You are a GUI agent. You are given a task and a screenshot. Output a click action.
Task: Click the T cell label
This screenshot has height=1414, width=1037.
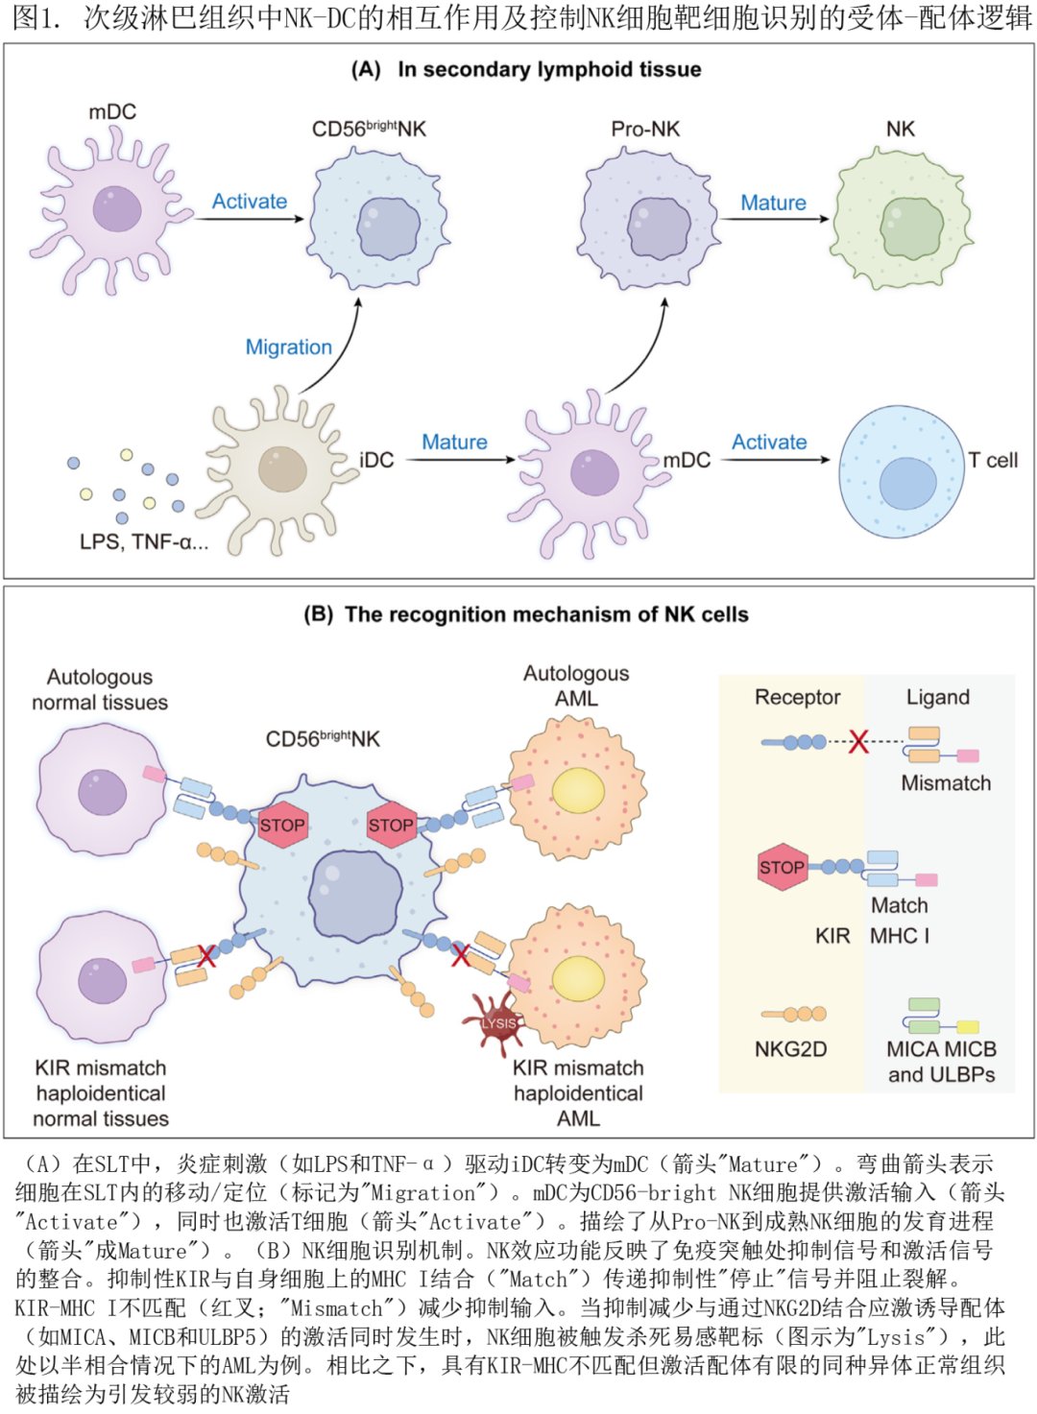pyautogui.click(x=993, y=460)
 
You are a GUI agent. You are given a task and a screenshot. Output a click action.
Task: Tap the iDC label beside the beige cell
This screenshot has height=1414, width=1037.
pyautogui.click(x=376, y=460)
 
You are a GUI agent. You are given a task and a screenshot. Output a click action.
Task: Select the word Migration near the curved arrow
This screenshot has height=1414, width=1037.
pyautogui.click(x=288, y=347)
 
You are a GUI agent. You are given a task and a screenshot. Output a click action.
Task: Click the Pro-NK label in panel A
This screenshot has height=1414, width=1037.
pyautogui.click(x=645, y=129)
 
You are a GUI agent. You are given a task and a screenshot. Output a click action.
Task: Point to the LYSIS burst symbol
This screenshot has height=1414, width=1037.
pyautogui.click(x=498, y=1023)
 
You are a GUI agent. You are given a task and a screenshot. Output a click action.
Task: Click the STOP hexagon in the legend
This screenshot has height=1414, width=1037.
pyautogui.click(x=782, y=867)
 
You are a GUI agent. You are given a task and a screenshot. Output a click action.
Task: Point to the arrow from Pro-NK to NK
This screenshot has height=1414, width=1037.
pyautogui.click(x=775, y=219)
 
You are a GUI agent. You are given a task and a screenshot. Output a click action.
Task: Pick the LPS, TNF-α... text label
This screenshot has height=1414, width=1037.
pyautogui.click(x=144, y=541)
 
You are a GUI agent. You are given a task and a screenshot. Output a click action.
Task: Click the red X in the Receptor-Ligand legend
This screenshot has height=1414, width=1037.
pyautogui.click(x=858, y=741)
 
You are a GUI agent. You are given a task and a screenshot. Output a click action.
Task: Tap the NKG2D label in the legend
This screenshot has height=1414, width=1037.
pyautogui.click(x=790, y=1049)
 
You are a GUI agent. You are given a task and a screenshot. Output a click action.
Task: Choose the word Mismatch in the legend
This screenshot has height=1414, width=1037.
pyautogui.click(x=946, y=782)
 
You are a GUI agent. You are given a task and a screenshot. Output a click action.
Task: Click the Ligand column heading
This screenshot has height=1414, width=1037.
pyautogui.click(x=937, y=697)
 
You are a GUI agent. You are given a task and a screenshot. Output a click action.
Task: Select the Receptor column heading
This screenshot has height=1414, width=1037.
pyautogui.click(x=797, y=697)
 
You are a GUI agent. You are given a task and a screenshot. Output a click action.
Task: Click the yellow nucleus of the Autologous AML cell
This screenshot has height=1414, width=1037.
pyautogui.click(x=578, y=789)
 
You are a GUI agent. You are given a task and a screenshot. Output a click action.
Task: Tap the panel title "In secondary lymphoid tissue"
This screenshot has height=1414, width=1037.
pyautogui.click(x=549, y=69)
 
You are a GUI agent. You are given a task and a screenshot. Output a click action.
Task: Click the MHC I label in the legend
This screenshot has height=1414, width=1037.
pyautogui.click(x=900, y=935)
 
